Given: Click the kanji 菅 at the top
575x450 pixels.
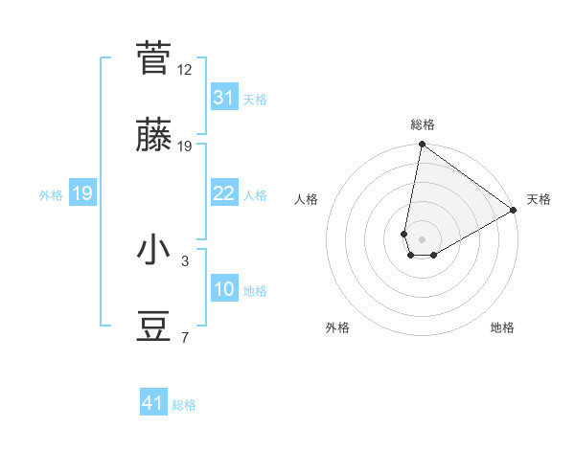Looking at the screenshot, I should [154, 58].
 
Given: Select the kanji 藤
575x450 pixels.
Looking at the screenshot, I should [154, 136].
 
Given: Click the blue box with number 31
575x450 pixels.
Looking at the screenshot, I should [224, 98].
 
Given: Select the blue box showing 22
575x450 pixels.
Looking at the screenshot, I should [224, 193].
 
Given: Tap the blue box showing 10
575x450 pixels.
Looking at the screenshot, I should [224, 289].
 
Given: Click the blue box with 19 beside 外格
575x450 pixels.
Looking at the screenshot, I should [82, 193].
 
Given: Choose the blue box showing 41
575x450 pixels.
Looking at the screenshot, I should [153, 403].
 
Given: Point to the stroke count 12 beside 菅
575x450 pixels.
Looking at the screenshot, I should [185, 69].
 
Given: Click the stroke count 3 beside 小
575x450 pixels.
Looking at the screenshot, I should [185, 260].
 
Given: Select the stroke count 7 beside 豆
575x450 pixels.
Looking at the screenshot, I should [185, 338].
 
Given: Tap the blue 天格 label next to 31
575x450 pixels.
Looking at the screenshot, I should [255, 100].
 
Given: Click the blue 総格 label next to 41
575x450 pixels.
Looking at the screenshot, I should [184, 405].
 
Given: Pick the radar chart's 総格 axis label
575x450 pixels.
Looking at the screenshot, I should [423, 124].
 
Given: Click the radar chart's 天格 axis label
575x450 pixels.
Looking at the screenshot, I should [539, 199].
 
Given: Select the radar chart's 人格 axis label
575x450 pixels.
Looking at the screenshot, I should [307, 199].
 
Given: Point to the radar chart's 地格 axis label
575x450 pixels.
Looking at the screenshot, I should [502, 328].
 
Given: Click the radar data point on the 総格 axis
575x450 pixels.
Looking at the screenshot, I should [422, 145].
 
